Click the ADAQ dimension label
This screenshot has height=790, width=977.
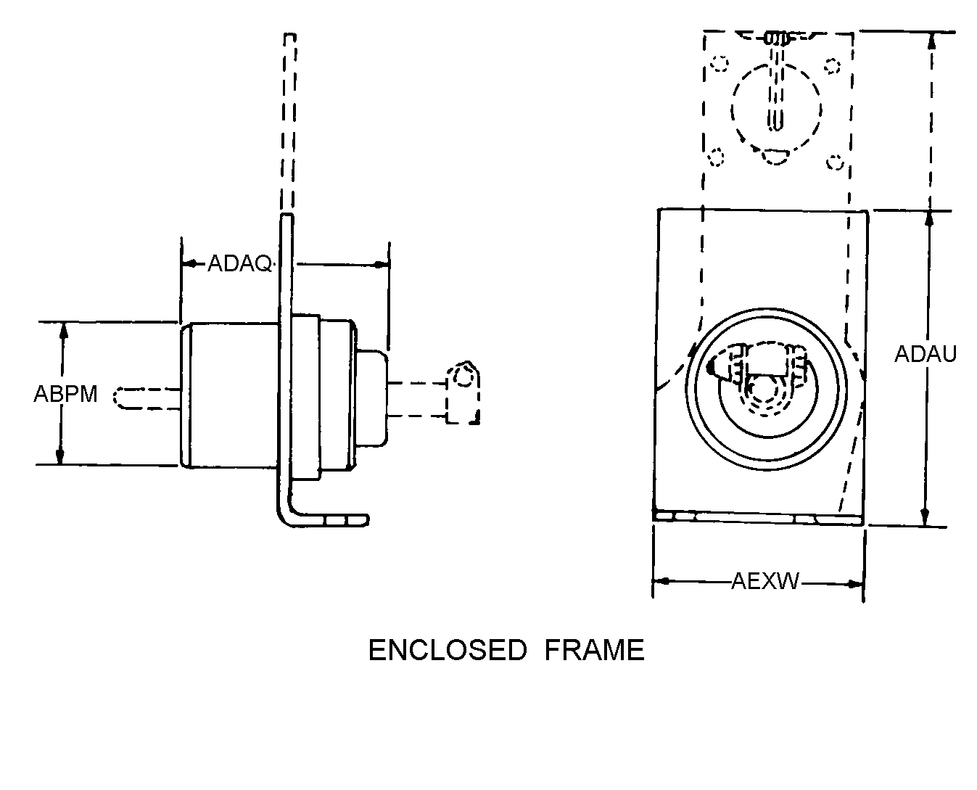click(239, 264)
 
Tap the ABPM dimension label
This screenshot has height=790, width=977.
click(65, 394)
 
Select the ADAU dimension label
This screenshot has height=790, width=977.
click(926, 354)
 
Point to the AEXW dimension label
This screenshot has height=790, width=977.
click(764, 581)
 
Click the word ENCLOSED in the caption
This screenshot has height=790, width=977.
click(448, 650)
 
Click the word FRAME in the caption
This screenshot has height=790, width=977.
click(595, 650)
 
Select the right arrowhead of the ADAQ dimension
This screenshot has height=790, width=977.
click(381, 265)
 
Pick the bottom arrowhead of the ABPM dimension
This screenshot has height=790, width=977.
click(60, 456)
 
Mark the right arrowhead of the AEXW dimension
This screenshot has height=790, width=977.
click(855, 584)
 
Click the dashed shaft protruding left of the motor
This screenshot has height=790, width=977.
click(146, 398)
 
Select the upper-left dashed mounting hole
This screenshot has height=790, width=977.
click(720, 64)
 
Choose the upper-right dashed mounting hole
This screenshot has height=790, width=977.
click(832, 66)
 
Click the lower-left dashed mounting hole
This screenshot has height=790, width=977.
click(716, 157)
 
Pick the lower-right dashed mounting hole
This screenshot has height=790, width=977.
click(835, 162)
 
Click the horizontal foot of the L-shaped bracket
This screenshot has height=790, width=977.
click(329, 520)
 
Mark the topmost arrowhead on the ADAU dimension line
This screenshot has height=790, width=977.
click(931, 42)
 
